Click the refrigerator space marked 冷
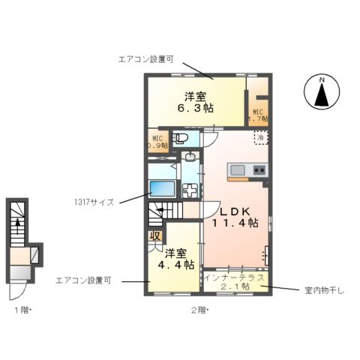point(260,139)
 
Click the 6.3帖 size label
point(195,108)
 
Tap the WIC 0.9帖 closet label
point(157,142)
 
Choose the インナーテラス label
point(234,278)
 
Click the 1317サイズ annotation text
point(94,202)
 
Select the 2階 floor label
point(198,309)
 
